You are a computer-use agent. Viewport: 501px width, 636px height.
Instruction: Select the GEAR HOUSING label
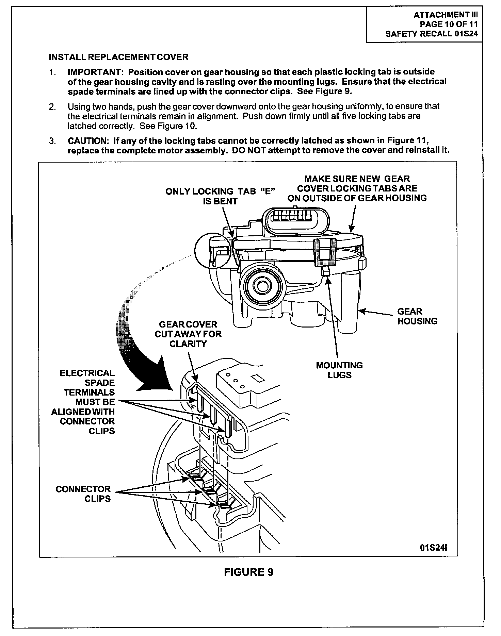click(x=417, y=316)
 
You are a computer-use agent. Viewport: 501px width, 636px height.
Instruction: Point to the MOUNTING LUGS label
click(x=339, y=370)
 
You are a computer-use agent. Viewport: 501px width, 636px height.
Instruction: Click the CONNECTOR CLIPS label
click(x=83, y=494)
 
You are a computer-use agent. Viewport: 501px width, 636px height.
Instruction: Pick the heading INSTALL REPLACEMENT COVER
click(x=118, y=57)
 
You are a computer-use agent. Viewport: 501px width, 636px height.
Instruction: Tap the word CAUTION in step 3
click(x=87, y=141)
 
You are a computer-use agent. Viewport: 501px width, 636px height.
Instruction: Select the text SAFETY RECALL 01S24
click(x=431, y=34)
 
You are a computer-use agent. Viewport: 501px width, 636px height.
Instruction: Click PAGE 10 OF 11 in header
click(x=448, y=24)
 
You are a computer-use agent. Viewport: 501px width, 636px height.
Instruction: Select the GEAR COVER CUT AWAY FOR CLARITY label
click(x=188, y=334)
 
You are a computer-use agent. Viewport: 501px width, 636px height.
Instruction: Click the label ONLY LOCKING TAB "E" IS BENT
click(x=220, y=196)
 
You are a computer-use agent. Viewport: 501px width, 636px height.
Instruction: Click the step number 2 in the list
click(x=52, y=107)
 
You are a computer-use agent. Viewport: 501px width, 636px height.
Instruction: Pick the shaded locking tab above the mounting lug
click(x=324, y=252)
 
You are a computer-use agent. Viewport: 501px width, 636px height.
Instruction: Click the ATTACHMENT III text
click(x=446, y=15)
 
